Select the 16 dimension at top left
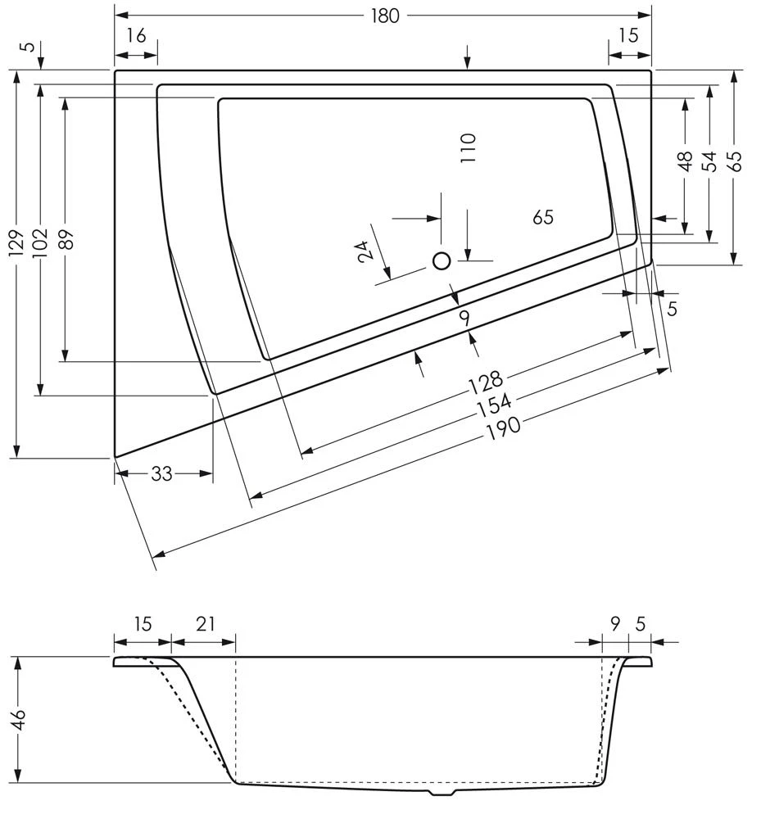click(x=136, y=35)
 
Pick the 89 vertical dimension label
click(x=66, y=238)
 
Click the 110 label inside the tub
click(x=468, y=148)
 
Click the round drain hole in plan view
click(x=442, y=261)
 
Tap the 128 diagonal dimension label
click(x=485, y=382)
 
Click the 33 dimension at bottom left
click(x=161, y=474)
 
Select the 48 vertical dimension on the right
click(x=686, y=161)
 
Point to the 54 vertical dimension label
click(x=709, y=161)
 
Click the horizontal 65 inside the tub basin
click(x=543, y=217)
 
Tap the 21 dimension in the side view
click(x=205, y=624)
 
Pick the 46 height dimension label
click(x=18, y=720)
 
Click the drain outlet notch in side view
click(x=442, y=793)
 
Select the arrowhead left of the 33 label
click(x=121, y=473)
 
